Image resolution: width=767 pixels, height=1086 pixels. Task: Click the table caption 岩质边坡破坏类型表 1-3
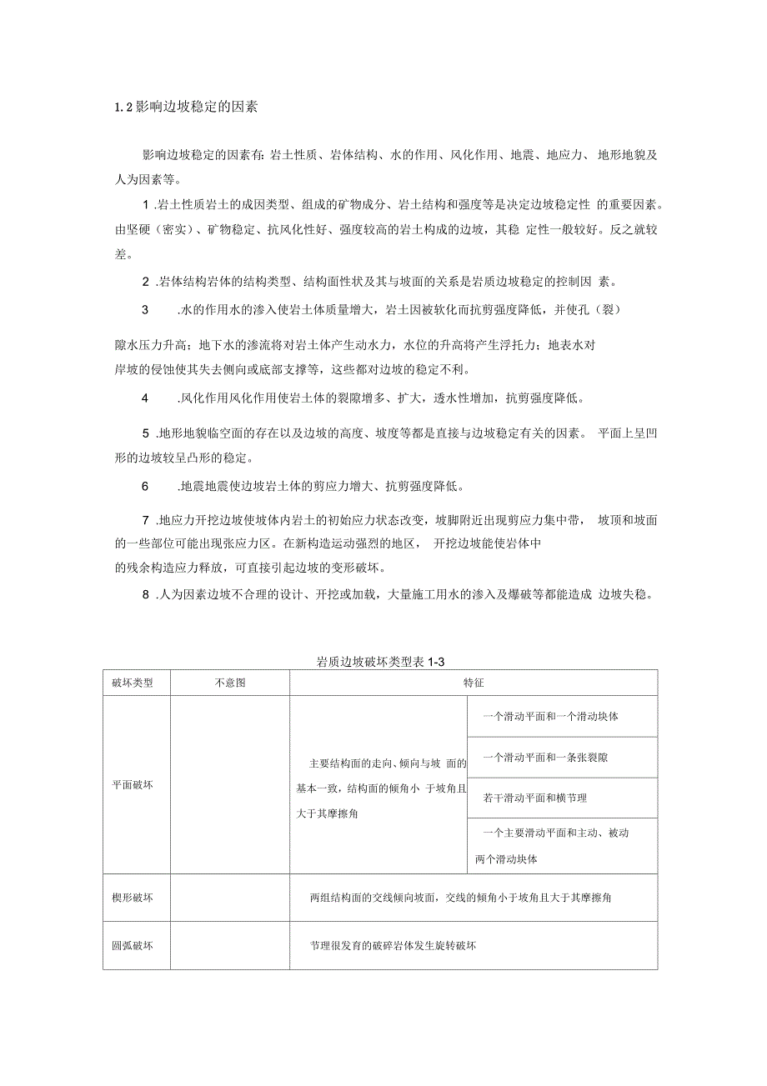coord(383,662)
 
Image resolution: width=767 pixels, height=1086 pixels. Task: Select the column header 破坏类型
coord(133,683)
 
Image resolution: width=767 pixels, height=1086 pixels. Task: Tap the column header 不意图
coord(229,683)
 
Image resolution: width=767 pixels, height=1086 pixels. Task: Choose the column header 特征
coord(474,683)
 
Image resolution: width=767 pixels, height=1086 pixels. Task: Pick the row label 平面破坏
coord(133,784)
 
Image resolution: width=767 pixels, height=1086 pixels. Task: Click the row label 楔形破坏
coord(133,898)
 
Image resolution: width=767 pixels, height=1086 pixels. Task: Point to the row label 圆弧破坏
coord(133,945)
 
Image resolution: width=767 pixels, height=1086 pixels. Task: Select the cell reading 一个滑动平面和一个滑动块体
coord(550,716)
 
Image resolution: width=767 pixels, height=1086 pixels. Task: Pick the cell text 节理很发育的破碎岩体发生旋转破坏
coord(393,945)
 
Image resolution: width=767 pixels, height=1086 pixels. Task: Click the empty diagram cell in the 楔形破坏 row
coord(229,898)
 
